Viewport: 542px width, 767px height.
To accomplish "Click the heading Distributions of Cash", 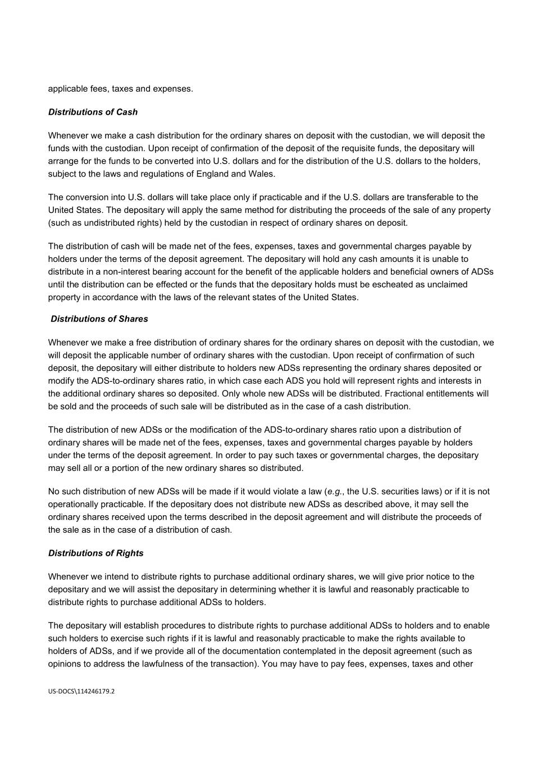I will [93, 112].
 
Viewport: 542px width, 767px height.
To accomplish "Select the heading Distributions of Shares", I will [99, 319].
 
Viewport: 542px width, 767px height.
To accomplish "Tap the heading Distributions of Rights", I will [95, 553].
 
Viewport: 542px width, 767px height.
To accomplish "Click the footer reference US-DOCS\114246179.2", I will [81, 691].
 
